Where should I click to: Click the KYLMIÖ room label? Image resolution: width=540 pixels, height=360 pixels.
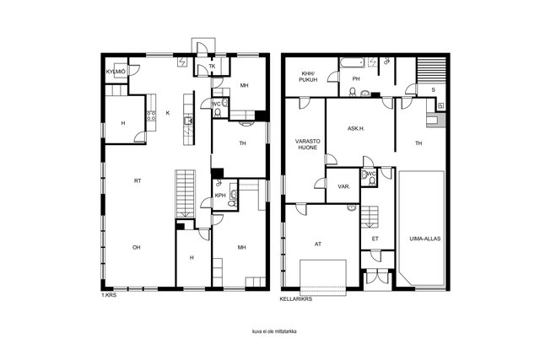(x=116, y=72)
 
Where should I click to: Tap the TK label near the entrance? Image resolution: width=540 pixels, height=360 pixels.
(x=212, y=66)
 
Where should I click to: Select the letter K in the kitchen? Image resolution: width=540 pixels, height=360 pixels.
(x=168, y=113)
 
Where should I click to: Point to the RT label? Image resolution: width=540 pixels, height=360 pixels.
(x=138, y=180)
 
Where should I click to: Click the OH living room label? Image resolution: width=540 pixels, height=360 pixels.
(x=137, y=248)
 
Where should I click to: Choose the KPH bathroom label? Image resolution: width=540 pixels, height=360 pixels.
(x=220, y=196)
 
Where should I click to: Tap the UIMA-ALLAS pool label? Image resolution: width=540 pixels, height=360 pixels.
(x=425, y=239)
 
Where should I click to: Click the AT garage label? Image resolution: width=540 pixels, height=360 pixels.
(x=318, y=244)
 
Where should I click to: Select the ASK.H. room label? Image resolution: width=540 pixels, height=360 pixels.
(x=356, y=129)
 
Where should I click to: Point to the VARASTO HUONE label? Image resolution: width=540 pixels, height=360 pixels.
(x=307, y=144)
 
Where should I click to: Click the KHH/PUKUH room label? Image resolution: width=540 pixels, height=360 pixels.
(x=308, y=77)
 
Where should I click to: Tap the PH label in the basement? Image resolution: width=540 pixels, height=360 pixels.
(x=356, y=78)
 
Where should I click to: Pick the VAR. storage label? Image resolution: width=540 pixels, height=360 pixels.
(x=343, y=186)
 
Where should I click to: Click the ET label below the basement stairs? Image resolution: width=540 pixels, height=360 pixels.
(x=375, y=239)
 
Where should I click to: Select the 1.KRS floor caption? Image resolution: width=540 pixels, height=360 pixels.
(x=109, y=295)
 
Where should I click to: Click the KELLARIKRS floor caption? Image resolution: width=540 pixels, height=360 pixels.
(x=296, y=299)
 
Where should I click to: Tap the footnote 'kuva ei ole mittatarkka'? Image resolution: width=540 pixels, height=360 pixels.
(x=274, y=331)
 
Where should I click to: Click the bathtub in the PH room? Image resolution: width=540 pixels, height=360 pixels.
(x=352, y=63)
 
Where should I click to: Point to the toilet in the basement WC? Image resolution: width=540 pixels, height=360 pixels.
(x=372, y=182)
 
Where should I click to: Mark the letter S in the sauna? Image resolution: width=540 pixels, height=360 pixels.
(x=433, y=90)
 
